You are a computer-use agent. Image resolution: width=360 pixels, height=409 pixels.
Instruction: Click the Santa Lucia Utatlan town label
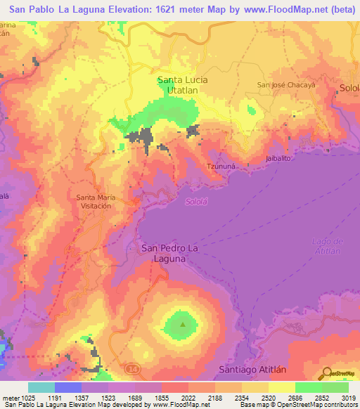182,85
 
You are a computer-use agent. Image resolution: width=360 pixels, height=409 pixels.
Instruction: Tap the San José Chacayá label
283,85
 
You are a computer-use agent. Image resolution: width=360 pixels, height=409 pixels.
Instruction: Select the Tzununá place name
219,166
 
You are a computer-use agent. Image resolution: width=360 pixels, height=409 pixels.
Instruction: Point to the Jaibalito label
278,158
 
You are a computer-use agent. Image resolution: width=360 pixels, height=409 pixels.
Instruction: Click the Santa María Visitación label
94,202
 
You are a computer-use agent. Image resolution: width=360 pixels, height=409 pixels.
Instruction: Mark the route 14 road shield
131,368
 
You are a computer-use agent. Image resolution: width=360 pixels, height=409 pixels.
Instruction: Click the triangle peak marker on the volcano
184,325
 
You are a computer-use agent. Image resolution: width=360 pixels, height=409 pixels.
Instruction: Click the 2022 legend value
188,397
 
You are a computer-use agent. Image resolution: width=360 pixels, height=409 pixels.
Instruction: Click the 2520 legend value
268,397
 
